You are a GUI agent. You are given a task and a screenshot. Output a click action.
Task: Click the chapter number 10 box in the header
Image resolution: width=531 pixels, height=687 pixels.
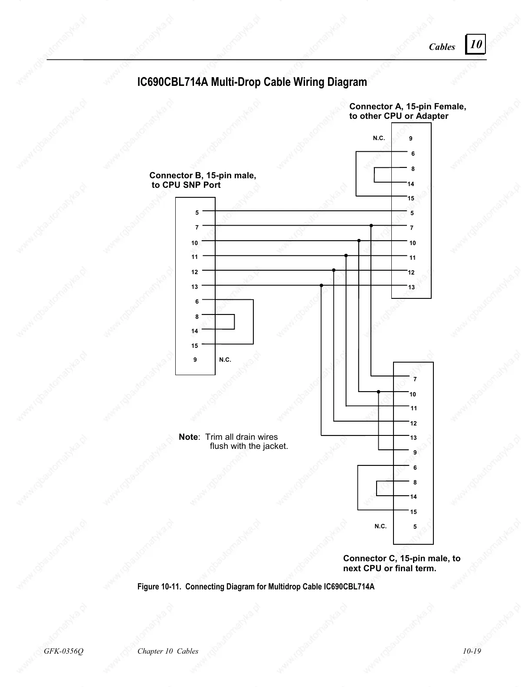pyautogui.click(x=475, y=44)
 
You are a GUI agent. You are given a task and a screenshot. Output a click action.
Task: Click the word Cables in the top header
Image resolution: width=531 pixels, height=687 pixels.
pyautogui.click(x=442, y=47)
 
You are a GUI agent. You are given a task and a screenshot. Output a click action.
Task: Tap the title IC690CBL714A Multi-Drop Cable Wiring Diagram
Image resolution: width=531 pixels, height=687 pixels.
pyautogui.click(x=252, y=82)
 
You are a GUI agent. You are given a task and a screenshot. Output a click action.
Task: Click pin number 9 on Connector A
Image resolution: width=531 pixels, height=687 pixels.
pyautogui.click(x=411, y=139)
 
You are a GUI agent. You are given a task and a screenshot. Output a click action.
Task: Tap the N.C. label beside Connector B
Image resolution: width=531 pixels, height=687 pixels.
pyautogui.click(x=225, y=360)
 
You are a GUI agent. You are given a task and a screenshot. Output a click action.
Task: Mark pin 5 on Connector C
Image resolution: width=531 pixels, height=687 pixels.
pyautogui.click(x=415, y=527)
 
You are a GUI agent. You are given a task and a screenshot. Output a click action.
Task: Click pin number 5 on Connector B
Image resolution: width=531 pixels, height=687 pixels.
pyautogui.click(x=197, y=213)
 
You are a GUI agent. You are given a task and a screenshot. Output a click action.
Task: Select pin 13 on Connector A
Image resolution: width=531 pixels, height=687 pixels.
pyautogui.click(x=411, y=287)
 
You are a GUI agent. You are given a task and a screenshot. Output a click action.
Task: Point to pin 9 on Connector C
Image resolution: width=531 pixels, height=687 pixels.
pyautogui.click(x=415, y=452)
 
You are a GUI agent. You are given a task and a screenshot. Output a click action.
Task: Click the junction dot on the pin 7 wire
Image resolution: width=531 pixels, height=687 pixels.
pyautogui.click(x=371, y=226)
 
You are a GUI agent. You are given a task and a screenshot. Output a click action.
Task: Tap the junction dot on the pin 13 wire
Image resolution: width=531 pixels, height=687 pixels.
pyautogui.click(x=321, y=285)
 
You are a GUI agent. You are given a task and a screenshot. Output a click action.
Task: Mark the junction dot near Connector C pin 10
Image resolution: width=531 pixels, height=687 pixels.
pyautogui.click(x=378, y=392)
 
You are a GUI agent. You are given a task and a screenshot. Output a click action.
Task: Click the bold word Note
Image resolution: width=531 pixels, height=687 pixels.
pyautogui.click(x=188, y=437)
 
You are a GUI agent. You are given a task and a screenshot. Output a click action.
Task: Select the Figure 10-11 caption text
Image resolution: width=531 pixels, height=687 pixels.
pyautogui.click(x=256, y=587)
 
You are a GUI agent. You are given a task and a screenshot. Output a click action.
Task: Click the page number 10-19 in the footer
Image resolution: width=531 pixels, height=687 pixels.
pyautogui.click(x=472, y=651)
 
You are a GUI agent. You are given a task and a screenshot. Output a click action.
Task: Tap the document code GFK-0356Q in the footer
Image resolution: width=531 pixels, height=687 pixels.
pyautogui.click(x=63, y=651)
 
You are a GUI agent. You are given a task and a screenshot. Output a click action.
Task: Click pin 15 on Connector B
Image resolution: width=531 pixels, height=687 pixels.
pyautogui.click(x=194, y=346)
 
